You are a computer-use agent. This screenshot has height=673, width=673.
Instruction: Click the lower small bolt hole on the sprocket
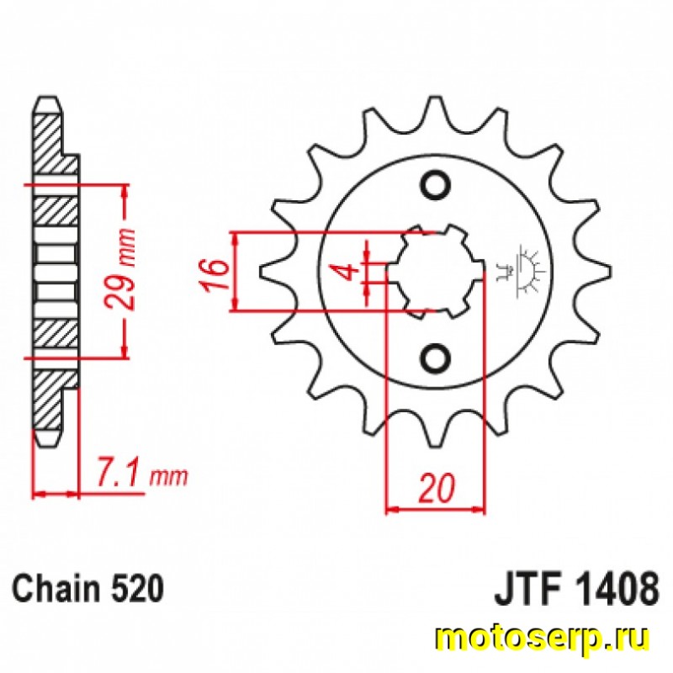(x=435, y=358)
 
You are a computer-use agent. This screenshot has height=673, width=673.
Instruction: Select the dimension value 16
(x=215, y=274)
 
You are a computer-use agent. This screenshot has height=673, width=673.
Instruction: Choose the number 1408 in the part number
(x=616, y=587)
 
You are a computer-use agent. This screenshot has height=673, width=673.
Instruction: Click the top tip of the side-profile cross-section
(x=47, y=100)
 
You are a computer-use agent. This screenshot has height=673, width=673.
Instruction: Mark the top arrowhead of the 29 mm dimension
(x=125, y=192)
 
